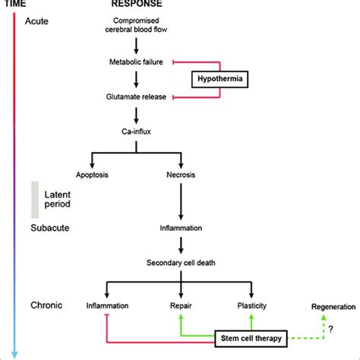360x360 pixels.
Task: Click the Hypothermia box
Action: [219, 79]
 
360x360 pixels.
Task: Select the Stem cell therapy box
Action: [251, 339]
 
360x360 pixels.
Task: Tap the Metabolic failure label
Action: [136, 62]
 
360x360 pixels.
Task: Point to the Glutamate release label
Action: [136, 96]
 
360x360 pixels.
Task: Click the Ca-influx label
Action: [136, 131]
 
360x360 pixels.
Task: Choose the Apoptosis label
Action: [92, 175]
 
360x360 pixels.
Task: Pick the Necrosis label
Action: [181, 175]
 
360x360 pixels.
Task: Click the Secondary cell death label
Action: [181, 263]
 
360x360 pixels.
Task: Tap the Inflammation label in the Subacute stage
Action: [181, 228]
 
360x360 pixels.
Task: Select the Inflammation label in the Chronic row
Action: [107, 306]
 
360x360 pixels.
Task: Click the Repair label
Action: [181, 306]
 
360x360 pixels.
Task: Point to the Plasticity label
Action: [252, 306]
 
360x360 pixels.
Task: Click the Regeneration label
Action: [333, 307]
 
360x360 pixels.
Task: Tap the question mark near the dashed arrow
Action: [331, 329]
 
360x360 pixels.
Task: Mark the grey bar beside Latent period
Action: [35, 200]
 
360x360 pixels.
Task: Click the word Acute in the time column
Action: [36, 21]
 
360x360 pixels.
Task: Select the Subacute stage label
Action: [50, 228]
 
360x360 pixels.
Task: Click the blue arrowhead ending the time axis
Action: [14, 355]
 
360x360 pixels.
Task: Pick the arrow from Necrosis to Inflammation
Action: [181, 202]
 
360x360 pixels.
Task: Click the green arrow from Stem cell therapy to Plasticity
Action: [251, 322]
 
